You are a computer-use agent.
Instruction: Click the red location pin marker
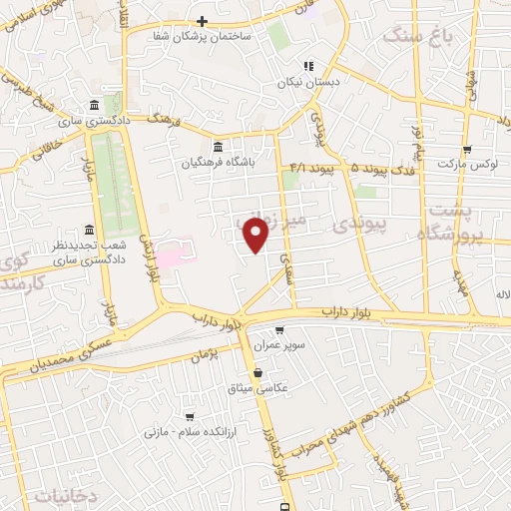pos(255,236)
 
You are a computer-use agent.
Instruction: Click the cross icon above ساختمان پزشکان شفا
pos(202,21)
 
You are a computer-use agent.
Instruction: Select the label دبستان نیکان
pos(307,83)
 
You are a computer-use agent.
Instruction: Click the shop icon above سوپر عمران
pos(279,330)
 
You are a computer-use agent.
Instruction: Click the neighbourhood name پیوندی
pos(350,226)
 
